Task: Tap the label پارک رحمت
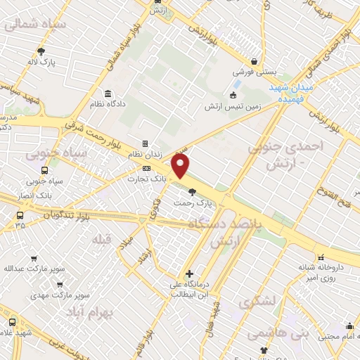pos(193,203)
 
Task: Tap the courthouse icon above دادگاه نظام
pos(108,94)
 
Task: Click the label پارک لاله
pos(41,61)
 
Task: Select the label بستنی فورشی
pos(253,72)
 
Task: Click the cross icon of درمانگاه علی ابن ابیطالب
pos(189,274)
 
